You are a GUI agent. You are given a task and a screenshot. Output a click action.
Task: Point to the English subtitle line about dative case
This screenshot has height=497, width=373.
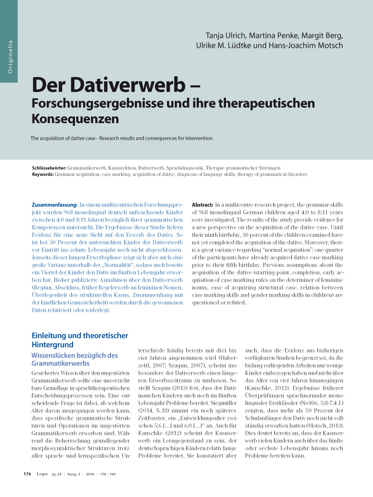121,138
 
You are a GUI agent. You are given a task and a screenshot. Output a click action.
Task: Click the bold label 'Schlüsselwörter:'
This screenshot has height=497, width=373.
49,168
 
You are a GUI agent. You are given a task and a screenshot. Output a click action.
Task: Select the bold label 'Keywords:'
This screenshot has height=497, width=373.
43,174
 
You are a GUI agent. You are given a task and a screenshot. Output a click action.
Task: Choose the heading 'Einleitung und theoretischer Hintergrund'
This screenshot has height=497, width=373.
80,340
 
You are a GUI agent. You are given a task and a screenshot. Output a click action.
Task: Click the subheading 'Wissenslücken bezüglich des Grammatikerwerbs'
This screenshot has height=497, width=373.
74,359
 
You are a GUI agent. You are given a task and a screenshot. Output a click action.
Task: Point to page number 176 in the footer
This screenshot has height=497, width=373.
27,474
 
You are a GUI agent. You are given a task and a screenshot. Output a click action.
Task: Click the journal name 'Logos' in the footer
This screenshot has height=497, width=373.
42,474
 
